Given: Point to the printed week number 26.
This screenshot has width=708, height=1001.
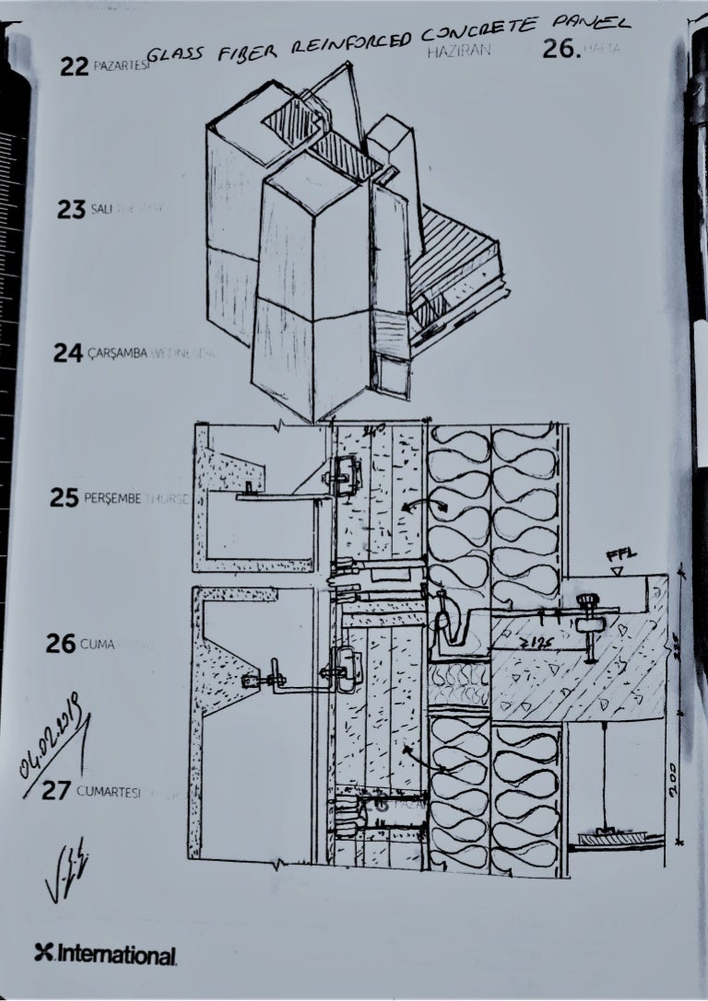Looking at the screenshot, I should (561, 50).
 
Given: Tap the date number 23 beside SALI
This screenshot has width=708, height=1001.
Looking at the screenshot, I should (71, 210).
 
